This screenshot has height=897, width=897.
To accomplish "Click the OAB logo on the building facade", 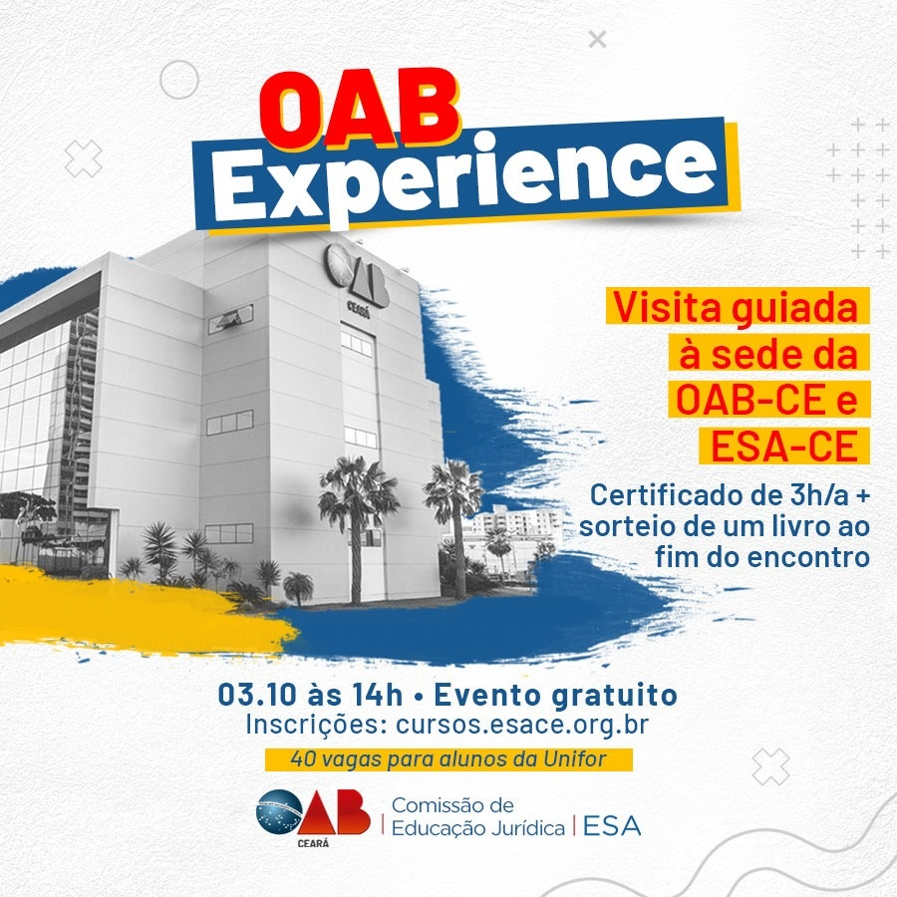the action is pyautogui.click(x=357, y=277).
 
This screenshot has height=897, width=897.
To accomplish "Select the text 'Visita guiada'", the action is pyautogui.click(x=736, y=308).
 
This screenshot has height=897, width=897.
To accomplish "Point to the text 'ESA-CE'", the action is pyautogui.click(x=783, y=446).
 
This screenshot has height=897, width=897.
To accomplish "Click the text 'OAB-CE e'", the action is pyautogui.click(x=766, y=399).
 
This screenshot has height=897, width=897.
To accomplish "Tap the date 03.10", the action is pyautogui.click(x=257, y=695).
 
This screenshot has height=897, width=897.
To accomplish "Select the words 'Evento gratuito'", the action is pyautogui.click(x=555, y=696).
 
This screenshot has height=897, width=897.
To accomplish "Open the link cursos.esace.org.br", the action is pyautogui.click(x=522, y=725).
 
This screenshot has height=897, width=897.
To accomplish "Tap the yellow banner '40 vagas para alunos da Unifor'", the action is pyautogui.click(x=448, y=759).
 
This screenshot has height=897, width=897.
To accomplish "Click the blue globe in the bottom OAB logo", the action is pyautogui.click(x=279, y=811).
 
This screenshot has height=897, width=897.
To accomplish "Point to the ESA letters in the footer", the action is pyautogui.click(x=612, y=826).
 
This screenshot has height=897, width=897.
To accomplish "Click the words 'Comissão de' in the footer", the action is pyautogui.click(x=452, y=805).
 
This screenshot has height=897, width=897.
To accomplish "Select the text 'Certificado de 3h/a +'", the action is pyautogui.click(x=730, y=495).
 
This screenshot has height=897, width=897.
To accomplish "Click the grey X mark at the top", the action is pyautogui.click(x=597, y=40).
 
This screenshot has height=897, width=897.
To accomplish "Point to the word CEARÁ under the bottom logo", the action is pyautogui.click(x=313, y=843).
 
